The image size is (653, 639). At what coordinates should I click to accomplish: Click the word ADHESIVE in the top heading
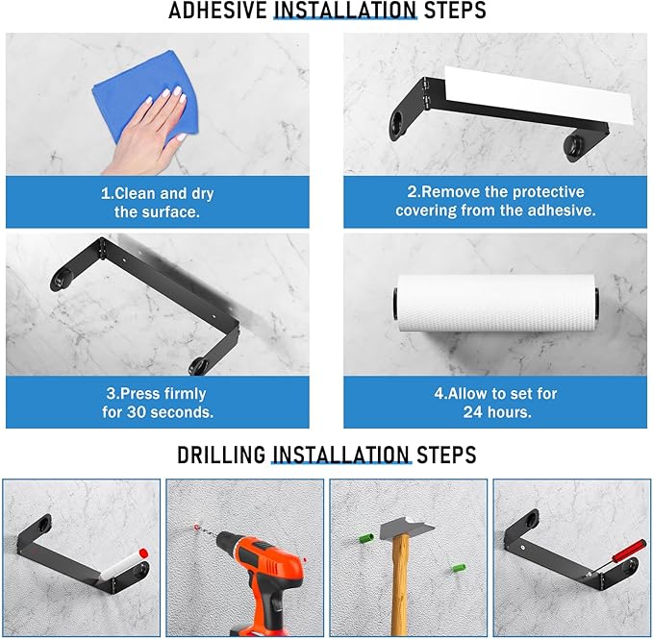(217, 11)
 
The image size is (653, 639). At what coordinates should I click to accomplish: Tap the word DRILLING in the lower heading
(221, 455)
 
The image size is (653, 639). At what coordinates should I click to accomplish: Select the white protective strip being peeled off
(538, 95)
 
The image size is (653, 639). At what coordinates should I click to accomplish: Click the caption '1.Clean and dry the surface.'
(158, 203)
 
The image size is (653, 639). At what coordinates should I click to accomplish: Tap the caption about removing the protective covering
(495, 201)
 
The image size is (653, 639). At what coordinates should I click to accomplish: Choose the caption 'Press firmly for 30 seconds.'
(158, 403)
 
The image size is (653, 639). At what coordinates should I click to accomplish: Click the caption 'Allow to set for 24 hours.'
(495, 403)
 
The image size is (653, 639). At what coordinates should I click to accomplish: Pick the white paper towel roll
(496, 304)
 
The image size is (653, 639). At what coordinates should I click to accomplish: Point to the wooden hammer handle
(401, 586)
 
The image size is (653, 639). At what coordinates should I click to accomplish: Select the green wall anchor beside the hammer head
(366, 538)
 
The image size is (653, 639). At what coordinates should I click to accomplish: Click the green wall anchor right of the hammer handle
(459, 568)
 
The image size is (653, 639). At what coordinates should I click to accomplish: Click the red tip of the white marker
(143, 553)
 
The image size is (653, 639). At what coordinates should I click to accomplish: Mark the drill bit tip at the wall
(196, 528)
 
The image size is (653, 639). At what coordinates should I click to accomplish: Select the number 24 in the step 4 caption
(472, 412)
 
